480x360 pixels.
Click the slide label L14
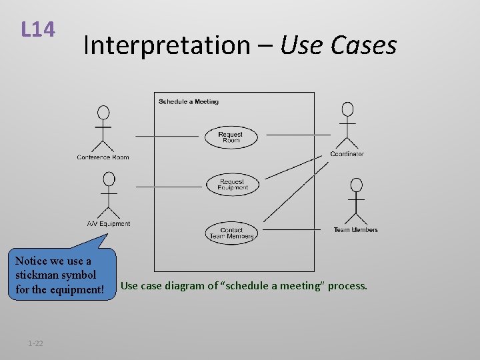point(37,29)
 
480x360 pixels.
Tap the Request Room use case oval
point(231,137)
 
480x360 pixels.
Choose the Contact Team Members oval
point(231,233)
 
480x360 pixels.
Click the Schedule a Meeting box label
point(189,101)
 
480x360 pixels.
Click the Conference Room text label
point(103,157)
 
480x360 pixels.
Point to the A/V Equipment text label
point(108,224)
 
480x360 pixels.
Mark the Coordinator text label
point(347,154)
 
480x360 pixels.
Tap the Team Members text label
point(355,230)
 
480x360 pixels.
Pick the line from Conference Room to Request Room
point(167,135)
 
